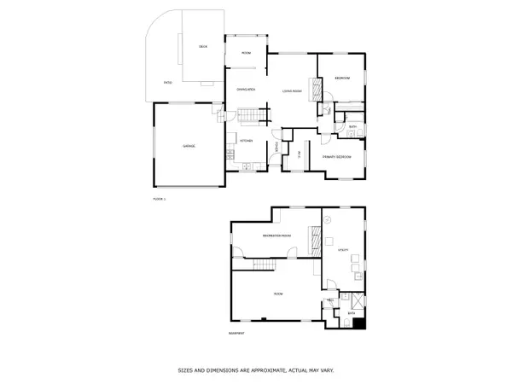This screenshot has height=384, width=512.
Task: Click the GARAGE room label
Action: [189, 146]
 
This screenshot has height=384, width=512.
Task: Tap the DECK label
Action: [203, 46]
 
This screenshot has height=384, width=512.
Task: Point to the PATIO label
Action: [168, 82]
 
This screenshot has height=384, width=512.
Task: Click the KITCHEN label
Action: [246, 139]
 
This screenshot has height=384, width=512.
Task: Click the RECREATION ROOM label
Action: [276, 234]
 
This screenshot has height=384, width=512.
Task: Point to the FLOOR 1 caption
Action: [159, 198]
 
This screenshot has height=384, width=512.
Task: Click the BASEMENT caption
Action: [237, 333]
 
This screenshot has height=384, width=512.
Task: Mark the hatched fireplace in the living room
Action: [314, 89]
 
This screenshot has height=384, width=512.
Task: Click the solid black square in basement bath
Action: [359, 323]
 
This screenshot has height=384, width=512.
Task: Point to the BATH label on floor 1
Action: [352, 128]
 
